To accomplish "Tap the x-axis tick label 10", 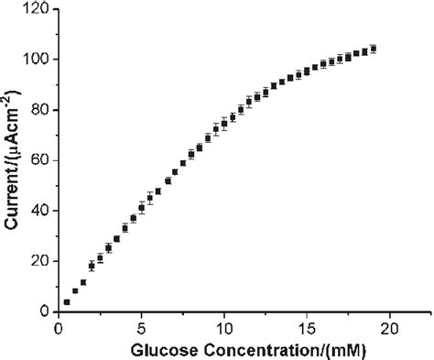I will (224, 327).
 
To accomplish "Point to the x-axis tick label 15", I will (308, 327).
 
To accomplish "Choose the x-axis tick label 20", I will (391, 327).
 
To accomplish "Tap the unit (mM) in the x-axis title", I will (335, 348).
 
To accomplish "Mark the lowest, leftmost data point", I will (67, 301).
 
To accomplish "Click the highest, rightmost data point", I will (374, 49).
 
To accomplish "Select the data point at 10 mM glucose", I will (224, 123).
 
